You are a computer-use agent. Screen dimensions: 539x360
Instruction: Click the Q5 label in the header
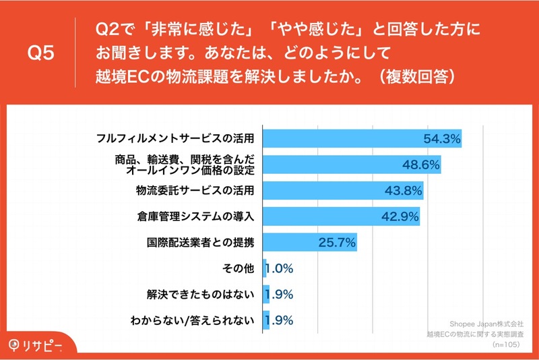[x=41, y=53]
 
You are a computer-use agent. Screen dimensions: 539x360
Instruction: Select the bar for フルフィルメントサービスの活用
[x=362, y=139]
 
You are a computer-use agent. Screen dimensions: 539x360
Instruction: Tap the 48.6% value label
[x=420, y=164]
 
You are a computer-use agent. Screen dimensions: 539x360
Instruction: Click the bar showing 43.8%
[x=343, y=191]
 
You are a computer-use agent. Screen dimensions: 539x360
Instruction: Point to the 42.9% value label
[x=400, y=216]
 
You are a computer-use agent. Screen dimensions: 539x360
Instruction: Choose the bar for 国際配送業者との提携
[x=310, y=243]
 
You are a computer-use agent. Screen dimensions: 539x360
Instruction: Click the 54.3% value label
[x=442, y=139]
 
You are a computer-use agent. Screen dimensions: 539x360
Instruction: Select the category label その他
[x=238, y=268]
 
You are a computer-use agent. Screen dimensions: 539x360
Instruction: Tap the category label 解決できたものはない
[x=200, y=295]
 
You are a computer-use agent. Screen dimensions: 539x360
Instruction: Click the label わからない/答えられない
[x=193, y=320]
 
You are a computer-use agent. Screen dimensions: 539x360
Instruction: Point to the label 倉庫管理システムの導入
[x=195, y=216]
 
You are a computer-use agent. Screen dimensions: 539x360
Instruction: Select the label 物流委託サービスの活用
[x=195, y=191]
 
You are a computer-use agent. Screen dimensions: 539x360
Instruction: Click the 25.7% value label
[x=337, y=243]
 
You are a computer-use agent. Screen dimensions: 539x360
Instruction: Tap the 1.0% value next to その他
[x=279, y=268]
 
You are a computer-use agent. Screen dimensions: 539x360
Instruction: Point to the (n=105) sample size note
[x=506, y=344]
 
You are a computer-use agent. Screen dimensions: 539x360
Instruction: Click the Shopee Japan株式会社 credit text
[x=486, y=324]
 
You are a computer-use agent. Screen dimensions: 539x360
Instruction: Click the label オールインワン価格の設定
[x=190, y=170]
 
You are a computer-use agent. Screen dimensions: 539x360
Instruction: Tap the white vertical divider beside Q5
[x=75, y=53]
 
